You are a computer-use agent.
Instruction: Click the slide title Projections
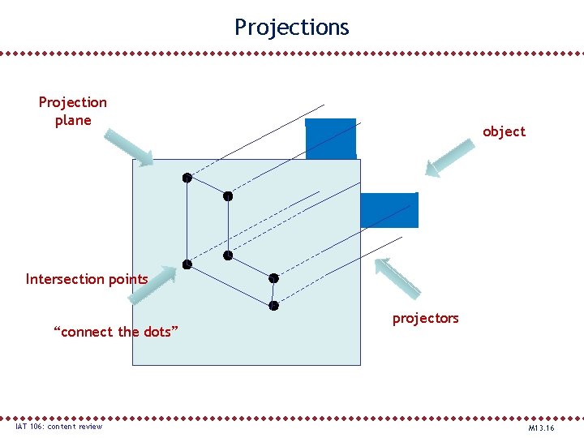click(292, 28)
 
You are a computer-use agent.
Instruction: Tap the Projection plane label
click(72, 111)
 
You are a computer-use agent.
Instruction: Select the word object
click(504, 131)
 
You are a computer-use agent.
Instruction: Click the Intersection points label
click(87, 280)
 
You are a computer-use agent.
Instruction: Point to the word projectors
click(425, 318)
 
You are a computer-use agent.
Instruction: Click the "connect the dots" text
click(115, 332)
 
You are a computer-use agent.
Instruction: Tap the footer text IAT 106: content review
click(58, 427)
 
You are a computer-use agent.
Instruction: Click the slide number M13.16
click(541, 427)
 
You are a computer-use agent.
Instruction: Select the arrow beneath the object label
click(450, 157)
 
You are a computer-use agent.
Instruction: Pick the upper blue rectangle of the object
click(330, 139)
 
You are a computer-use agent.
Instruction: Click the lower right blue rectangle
click(389, 210)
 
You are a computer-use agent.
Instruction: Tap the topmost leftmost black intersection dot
click(187, 177)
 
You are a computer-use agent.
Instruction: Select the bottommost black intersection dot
click(274, 306)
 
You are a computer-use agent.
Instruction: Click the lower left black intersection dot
click(187, 264)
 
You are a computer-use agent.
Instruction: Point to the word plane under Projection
click(73, 121)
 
